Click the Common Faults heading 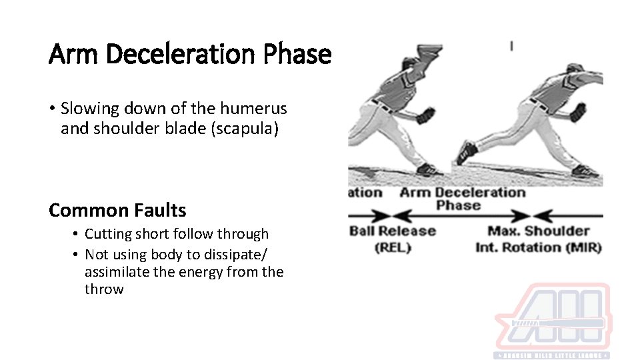(x=117, y=211)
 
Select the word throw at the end (x=104, y=289)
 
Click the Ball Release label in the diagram (x=392, y=231)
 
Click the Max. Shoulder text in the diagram (x=539, y=231)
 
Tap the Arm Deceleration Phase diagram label (x=462, y=198)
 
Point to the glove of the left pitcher (x=424, y=115)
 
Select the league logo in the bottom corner (x=551, y=320)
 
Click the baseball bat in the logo (x=557, y=324)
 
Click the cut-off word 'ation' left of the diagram (x=365, y=193)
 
